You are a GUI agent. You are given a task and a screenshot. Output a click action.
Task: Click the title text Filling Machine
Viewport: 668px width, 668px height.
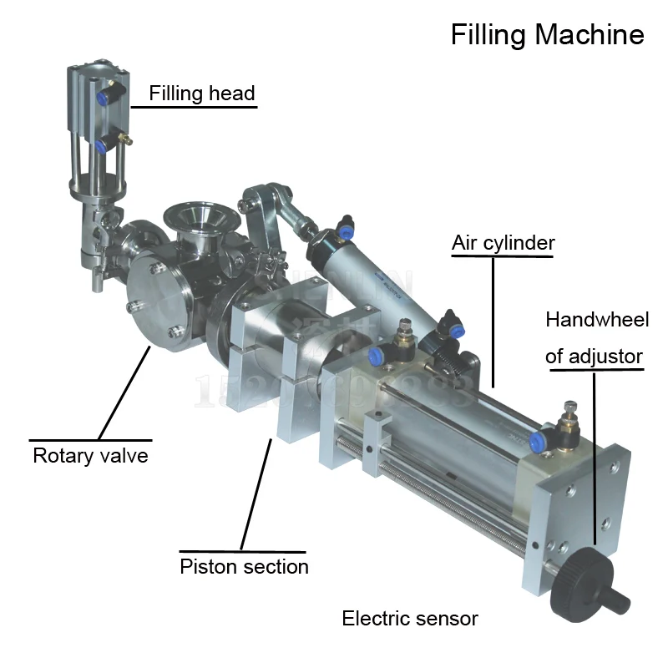coord(547,34)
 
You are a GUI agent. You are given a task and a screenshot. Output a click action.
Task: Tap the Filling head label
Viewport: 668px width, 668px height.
coord(202,93)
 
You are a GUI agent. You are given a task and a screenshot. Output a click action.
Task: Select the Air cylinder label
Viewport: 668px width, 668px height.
coord(503,243)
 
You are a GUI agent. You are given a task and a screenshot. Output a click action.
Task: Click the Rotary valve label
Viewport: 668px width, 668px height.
coord(90,455)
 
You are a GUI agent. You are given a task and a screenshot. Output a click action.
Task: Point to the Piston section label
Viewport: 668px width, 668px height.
coord(244,567)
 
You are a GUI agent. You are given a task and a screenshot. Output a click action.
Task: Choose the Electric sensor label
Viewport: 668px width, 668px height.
coord(410,619)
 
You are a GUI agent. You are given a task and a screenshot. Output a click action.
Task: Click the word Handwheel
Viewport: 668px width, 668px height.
coord(596,320)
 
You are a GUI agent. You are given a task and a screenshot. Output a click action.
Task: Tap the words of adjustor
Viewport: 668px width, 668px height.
coord(594,357)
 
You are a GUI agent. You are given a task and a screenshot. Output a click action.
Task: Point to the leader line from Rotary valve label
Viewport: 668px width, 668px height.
coord(124,393)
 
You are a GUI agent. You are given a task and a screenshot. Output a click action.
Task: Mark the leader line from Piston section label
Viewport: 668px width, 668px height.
coord(257,493)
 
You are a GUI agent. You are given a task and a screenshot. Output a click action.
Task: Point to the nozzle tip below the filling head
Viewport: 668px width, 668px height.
coord(99,283)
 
